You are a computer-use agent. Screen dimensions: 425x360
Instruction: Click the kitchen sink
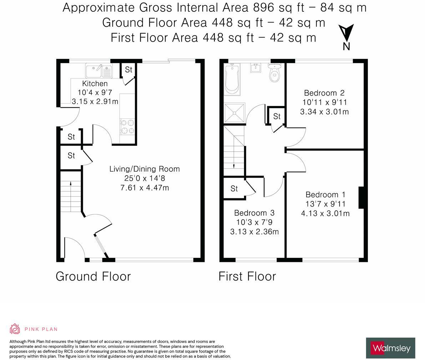click(98, 71)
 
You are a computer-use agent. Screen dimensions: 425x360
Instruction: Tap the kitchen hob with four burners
click(127, 127)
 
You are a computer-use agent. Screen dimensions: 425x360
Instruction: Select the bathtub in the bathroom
click(232, 79)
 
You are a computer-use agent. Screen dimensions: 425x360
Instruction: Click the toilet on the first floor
click(275, 72)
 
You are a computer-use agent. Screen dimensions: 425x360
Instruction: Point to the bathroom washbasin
click(255, 68)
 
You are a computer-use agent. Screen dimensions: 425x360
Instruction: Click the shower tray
click(234, 112)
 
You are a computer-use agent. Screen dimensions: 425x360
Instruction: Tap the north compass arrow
click(346, 33)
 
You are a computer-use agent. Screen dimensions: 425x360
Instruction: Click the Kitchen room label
click(95, 83)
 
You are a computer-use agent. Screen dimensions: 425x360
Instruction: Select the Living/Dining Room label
click(145, 169)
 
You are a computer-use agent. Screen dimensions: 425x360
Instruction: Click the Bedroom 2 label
click(324, 93)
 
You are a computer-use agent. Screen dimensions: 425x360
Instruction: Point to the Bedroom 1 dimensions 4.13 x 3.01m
click(325, 213)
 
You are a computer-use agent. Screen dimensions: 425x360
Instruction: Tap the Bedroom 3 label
click(254, 213)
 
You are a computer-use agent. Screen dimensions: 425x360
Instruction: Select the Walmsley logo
click(391, 348)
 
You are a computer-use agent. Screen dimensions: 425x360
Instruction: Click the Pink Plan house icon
click(15, 329)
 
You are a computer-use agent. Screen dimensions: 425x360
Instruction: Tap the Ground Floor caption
click(93, 276)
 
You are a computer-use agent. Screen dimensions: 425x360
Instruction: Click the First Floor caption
click(247, 276)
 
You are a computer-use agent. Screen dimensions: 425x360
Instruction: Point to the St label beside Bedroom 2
click(277, 116)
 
